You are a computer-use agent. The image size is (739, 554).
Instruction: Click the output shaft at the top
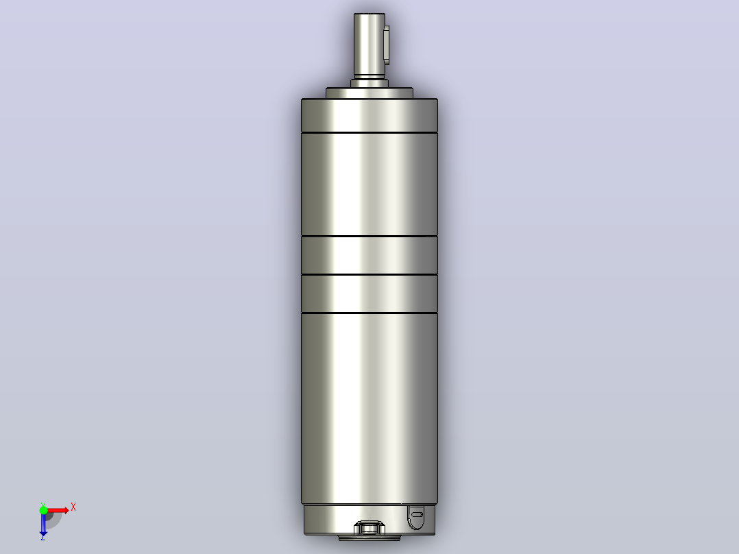(x=369, y=45)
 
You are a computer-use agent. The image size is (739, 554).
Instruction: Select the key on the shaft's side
(x=387, y=45)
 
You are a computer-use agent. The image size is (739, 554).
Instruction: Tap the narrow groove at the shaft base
(x=369, y=75)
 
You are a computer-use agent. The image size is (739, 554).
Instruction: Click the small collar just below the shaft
(x=369, y=83)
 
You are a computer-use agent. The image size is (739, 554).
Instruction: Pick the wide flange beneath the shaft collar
(x=369, y=93)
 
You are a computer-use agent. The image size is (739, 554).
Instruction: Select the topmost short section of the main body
(x=369, y=115)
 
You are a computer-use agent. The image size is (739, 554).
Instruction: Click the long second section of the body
(x=369, y=184)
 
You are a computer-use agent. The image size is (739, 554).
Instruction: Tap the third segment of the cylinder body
(x=369, y=255)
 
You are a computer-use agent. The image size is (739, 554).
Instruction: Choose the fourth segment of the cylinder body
(x=369, y=293)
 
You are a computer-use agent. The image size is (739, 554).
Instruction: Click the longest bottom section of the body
(x=369, y=409)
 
